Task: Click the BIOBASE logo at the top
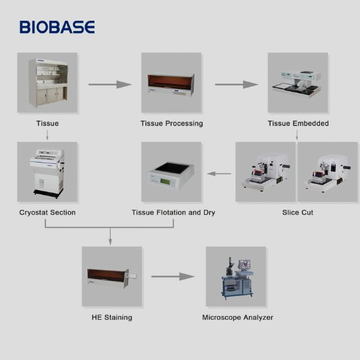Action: click(x=57, y=27)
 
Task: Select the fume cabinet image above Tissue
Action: click(x=47, y=83)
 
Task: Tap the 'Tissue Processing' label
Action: click(x=172, y=123)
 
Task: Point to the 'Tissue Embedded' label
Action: click(x=298, y=123)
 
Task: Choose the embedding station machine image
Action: click(x=298, y=83)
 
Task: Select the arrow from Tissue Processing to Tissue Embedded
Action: click(x=232, y=84)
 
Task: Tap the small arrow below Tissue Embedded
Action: click(x=298, y=135)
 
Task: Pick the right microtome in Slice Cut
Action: click(x=327, y=172)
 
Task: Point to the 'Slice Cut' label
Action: click(x=298, y=212)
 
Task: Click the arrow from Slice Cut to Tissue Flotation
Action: click(x=219, y=173)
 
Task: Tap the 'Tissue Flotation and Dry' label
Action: click(x=173, y=212)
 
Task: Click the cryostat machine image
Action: click(x=47, y=172)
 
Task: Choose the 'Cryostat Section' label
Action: click(x=47, y=212)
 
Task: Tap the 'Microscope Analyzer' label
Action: click(x=238, y=317)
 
